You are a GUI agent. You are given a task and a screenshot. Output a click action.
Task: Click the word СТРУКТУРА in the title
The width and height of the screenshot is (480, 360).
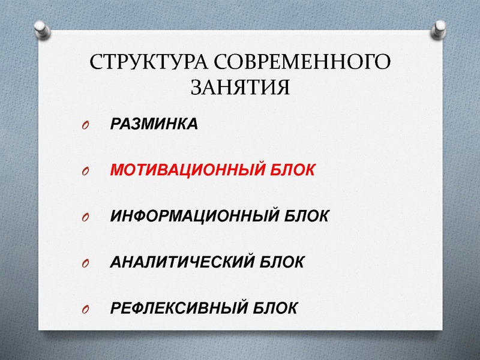tap(148, 62)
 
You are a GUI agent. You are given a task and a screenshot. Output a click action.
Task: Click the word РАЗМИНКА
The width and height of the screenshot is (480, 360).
tap(154, 124)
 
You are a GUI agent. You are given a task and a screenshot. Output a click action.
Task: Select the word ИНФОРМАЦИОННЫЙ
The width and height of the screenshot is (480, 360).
tap(193, 216)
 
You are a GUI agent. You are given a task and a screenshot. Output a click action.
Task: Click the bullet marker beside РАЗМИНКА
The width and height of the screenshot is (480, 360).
tap(83, 125)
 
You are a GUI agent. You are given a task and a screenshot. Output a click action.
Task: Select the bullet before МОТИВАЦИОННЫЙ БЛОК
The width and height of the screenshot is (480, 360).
tap(83, 172)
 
